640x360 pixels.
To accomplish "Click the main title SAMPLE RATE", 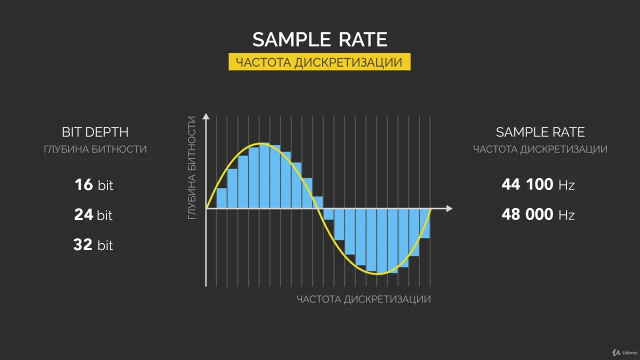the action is [319, 39].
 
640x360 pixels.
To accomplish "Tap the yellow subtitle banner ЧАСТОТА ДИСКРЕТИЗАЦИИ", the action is [319, 61].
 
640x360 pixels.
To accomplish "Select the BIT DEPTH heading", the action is [95, 132].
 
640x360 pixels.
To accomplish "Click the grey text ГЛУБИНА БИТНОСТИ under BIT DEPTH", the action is [95, 149].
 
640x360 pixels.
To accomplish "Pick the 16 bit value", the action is [93, 184].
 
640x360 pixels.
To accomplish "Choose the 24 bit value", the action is [93, 214].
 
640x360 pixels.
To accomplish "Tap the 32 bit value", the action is [93, 245].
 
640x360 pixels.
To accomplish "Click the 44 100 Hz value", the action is [538, 184].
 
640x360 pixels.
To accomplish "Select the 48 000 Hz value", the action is [538, 214].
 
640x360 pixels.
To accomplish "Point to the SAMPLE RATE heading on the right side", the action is [540, 132].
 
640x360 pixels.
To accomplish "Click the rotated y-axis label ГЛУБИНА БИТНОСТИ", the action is [192, 167].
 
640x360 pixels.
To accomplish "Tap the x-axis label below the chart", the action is [363, 299].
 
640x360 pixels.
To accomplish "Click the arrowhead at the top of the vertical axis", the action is [206, 116].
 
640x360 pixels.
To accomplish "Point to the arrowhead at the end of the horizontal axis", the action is [449, 208].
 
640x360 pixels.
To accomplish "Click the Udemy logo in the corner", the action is [624, 352].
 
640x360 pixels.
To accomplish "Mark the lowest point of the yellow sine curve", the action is [378, 273].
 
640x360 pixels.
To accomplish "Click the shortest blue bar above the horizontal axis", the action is [318, 202].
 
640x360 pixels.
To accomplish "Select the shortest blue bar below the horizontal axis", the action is [328, 214].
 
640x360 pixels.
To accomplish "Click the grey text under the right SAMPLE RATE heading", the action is [540, 149].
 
